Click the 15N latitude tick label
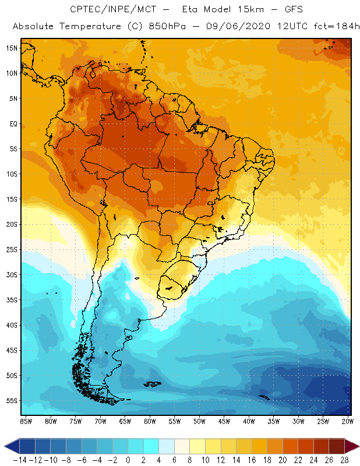12,48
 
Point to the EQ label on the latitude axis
13,123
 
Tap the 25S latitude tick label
12,249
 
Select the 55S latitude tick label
12,400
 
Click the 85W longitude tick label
26,421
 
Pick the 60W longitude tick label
150,421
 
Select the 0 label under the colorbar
128,460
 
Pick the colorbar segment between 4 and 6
167,446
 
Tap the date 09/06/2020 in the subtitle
222,27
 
